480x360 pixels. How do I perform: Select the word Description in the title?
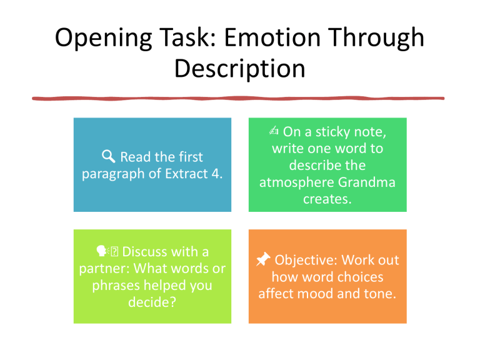[x=240, y=69]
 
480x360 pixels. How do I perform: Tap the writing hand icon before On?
[x=273, y=132]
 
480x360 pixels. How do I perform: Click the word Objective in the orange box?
[x=307, y=260]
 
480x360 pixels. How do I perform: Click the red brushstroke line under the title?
[x=240, y=98]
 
